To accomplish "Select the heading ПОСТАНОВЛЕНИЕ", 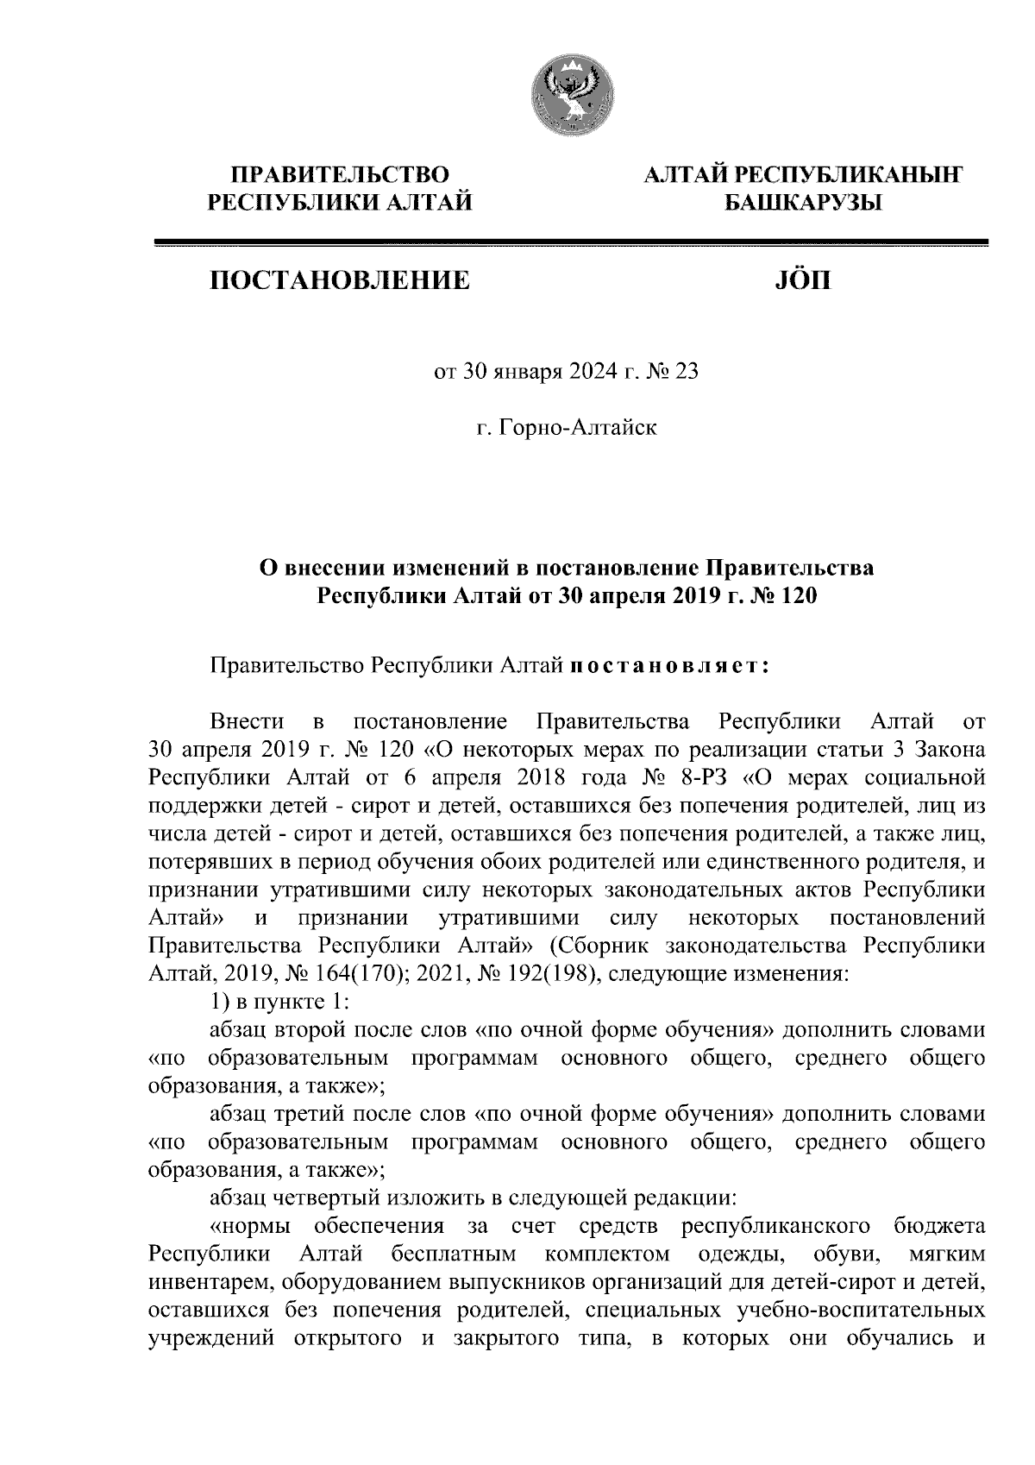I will coord(342,280).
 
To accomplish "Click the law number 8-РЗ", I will coord(705,777).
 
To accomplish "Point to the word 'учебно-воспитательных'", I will coord(861,1311).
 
